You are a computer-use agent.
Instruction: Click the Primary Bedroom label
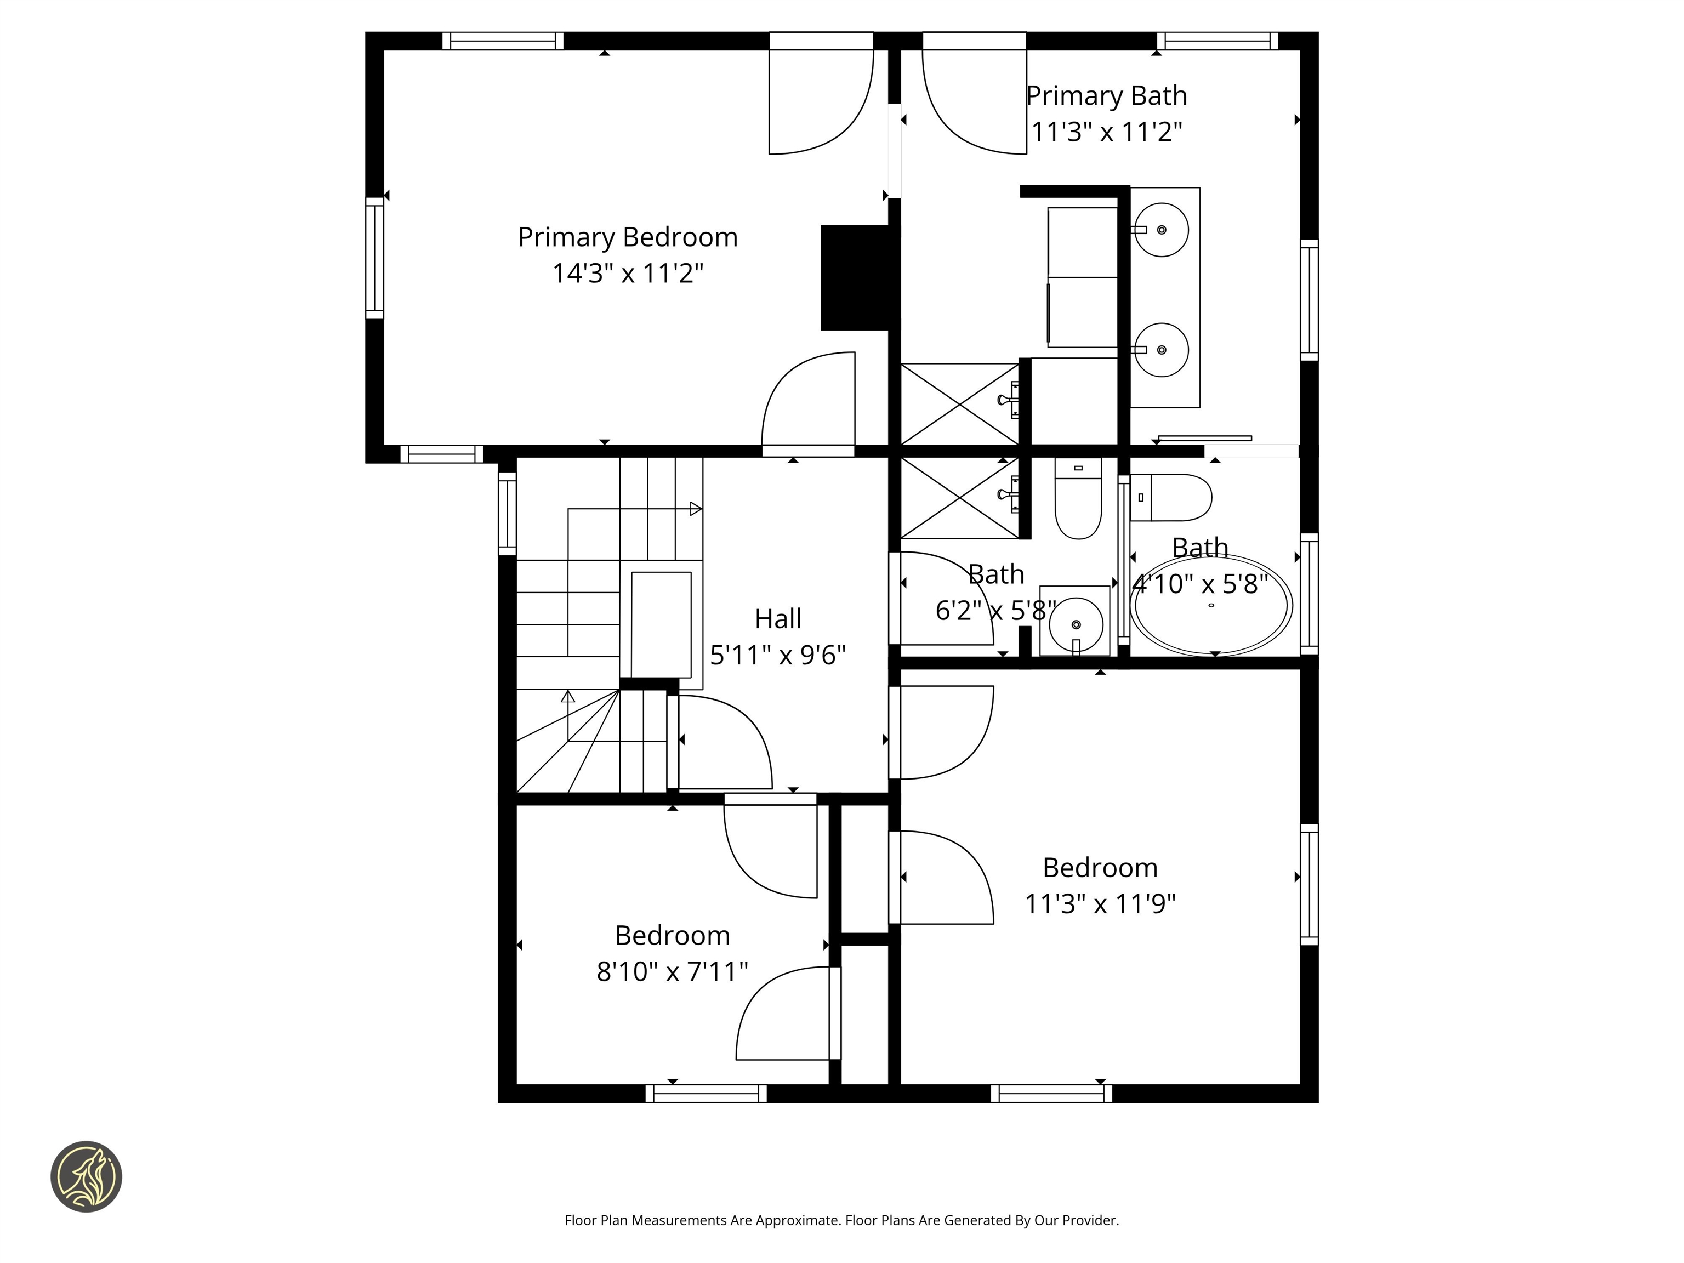[627, 237]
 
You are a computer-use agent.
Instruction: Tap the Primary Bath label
[1106, 96]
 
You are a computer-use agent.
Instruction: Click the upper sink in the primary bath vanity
[1161, 229]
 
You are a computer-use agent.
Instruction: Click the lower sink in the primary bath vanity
[1161, 349]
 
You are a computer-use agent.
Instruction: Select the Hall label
[777, 619]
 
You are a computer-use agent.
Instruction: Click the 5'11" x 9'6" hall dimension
[777, 655]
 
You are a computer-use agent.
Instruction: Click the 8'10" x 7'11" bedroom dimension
[672, 971]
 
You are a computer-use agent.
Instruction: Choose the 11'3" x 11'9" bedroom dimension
[1100, 903]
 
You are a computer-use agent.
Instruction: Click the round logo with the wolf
[86, 1176]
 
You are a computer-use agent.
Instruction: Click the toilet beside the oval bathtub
[1170, 497]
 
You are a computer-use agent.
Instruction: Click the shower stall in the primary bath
[959, 404]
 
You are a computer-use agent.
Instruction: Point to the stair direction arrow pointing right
[695, 509]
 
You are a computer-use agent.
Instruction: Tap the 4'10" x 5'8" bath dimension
[1200, 584]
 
